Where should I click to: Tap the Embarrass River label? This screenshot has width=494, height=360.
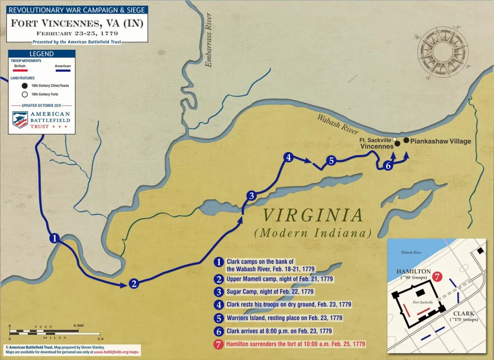(x=209, y=40)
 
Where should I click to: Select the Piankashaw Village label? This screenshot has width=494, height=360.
(x=441, y=141)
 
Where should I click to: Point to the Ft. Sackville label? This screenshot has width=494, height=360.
(x=375, y=140)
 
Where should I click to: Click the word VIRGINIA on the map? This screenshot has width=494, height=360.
(x=313, y=216)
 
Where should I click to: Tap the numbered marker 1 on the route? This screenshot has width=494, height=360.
(x=54, y=238)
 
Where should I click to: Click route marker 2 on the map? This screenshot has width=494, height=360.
(x=134, y=284)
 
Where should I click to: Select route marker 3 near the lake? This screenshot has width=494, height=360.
(x=251, y=196)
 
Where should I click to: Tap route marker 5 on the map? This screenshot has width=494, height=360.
(x=331, y=161)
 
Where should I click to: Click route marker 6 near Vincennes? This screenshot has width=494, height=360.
(x=388, y=166)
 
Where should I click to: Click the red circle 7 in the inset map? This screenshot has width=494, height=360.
(x=437, y=277)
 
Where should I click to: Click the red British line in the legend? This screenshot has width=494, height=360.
(x=20, y=71)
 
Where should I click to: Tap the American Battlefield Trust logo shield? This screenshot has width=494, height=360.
(x=20, y=120)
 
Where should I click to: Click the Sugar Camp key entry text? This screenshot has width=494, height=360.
(x=269, y=292)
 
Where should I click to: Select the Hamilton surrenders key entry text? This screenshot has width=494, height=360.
(x=296, y=344)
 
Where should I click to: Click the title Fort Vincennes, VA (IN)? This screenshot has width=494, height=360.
(x=77, y=23)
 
